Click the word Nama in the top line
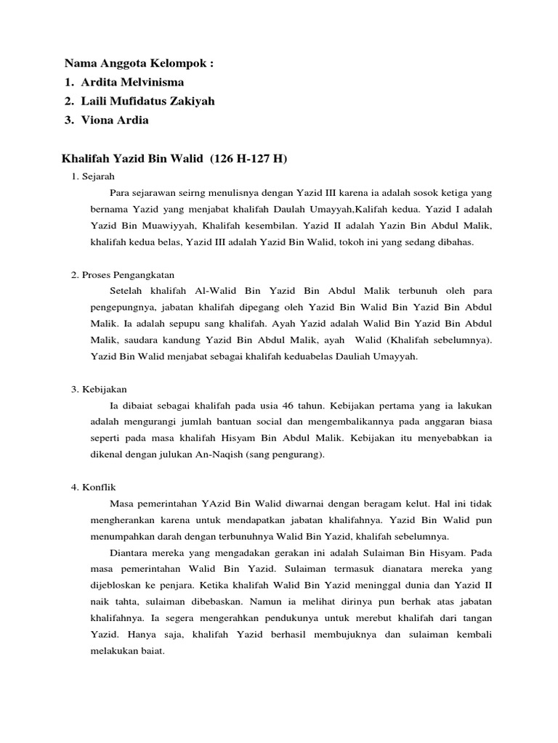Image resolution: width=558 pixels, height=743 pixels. (80, 64)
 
